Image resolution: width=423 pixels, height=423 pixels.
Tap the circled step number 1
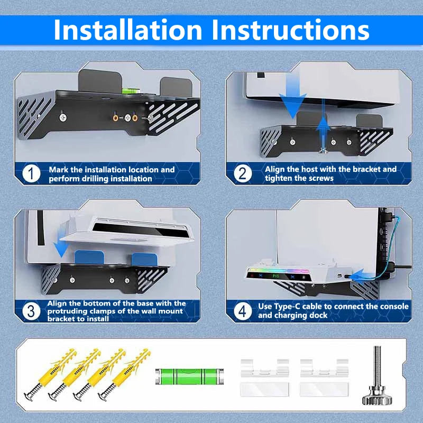pyautogui.click(x=32, y=173)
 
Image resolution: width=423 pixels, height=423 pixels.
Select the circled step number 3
pyautogui.click(x=32, y=311)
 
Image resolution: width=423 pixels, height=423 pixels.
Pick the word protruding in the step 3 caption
pyautogui.click(x=65, y=311)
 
